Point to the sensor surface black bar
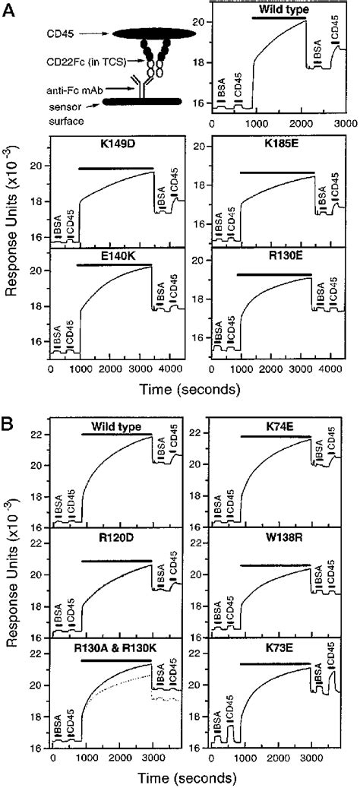140,102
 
